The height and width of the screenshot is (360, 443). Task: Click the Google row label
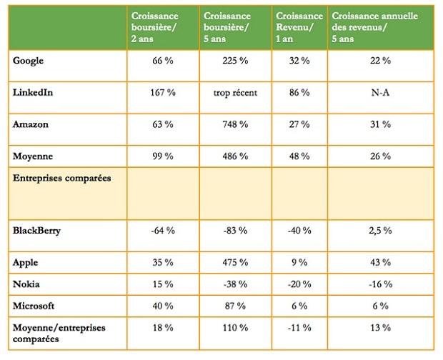point(29,61)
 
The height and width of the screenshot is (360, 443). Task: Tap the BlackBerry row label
point(36,230)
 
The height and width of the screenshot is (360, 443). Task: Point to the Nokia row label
point(26,284)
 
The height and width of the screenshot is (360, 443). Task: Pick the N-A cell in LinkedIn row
point(379,93)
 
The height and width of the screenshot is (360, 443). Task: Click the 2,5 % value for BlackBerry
point(379,230)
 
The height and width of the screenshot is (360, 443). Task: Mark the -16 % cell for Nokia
point(379,284)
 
